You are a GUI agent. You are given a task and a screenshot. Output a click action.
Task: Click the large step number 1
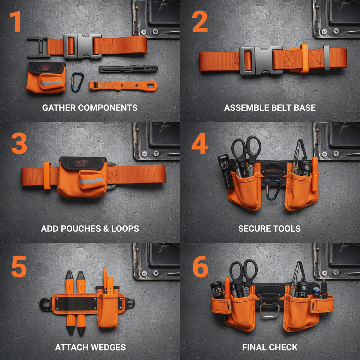coord(15,22)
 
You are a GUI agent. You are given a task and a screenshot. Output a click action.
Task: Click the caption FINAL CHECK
coord(270,348)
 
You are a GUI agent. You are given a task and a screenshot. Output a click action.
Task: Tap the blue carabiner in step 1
coord(78,82)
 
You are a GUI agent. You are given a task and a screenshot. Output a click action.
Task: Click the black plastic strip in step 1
coord(128,69)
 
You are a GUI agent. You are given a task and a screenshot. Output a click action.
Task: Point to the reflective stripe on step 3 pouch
coord(91,181)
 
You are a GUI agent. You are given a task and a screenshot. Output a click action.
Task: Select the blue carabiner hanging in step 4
coord(274,189)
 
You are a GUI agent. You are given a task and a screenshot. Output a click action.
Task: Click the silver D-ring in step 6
coord(270,311)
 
